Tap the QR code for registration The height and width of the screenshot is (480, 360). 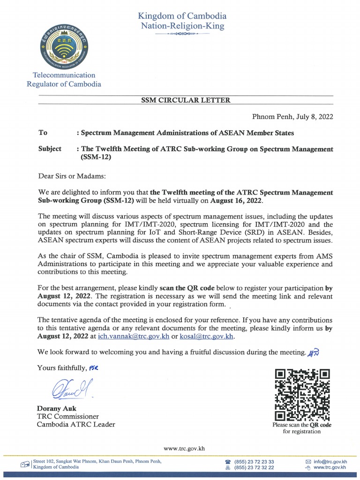coord(302,394)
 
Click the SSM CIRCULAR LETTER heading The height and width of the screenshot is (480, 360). coord(186,100)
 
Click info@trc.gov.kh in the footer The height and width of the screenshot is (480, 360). coord(330,462)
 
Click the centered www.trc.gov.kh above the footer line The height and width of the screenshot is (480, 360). coord(184,448)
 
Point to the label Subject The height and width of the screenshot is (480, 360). coord(50,149)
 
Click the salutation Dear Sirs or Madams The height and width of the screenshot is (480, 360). coord(72,176)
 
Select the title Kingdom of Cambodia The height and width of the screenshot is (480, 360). coord(182,16)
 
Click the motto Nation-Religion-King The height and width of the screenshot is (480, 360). coord(182,26)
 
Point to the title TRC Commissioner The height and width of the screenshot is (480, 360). coord(68,416)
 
